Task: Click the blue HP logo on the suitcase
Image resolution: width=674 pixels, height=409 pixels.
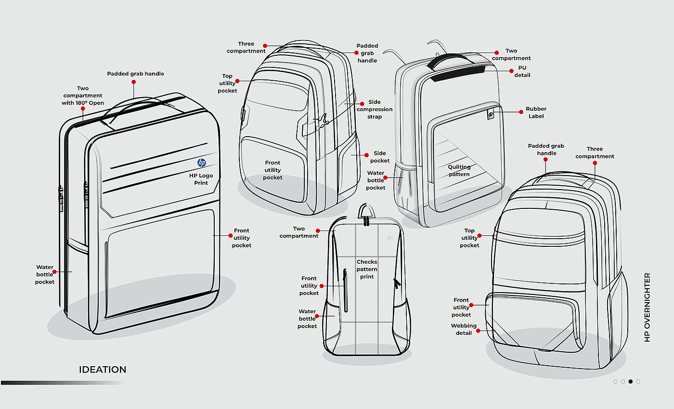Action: point(202,163)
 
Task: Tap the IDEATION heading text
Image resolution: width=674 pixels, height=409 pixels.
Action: point(103,370)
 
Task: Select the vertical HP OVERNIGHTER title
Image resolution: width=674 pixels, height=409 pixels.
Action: point(647,307)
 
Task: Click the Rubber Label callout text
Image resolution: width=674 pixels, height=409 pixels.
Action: point(536,113)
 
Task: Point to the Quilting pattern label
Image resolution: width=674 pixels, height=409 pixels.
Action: point(459,170)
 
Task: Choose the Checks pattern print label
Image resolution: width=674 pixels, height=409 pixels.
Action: point(367,269)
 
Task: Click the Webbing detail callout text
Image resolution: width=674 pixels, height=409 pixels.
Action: point(464,329)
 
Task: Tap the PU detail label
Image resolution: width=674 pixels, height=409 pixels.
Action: point(522,71)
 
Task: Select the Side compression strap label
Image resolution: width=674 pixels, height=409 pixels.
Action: point(375,109)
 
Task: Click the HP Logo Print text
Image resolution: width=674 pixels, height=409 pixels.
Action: point(201,179)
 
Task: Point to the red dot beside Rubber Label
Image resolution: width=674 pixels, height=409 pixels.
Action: point(521,112)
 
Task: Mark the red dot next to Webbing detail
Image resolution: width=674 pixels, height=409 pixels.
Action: point(479,331)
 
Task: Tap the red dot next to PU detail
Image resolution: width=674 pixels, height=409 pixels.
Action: point(512,71)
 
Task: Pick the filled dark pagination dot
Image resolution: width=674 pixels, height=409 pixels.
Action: point(631,382)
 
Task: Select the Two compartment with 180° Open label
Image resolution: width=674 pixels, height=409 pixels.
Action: point(83,96)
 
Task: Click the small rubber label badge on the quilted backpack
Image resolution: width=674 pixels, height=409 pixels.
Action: point(490,115)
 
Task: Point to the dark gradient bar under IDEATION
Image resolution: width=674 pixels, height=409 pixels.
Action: point(63,383)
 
